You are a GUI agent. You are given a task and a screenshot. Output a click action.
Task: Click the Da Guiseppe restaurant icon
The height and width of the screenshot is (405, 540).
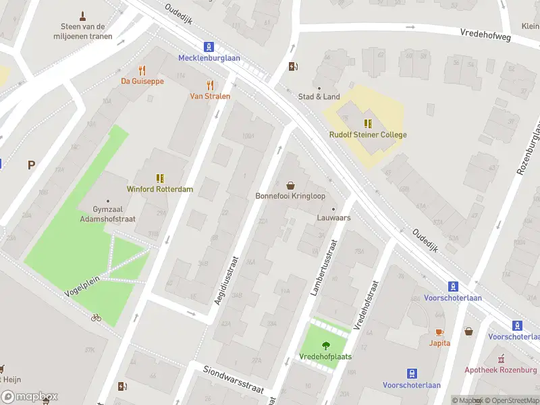tap(142, 70)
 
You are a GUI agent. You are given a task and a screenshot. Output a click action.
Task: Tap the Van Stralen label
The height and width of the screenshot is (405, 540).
tap(209, 96)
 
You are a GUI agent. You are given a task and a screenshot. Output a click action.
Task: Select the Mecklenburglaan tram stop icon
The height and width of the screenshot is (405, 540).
tap(209, 47)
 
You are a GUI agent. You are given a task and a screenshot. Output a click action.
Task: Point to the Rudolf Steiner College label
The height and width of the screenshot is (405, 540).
tap(368, 134)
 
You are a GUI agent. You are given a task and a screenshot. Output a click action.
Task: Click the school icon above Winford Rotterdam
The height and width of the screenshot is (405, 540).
tap(160, 178)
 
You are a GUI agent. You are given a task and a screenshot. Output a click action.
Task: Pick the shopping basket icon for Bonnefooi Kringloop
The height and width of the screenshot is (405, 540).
tap(290, 185)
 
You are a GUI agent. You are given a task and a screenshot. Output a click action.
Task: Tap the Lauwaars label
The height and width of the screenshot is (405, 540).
tap(333, 218)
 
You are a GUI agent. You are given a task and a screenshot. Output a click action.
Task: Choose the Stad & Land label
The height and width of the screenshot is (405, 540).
tap(319, 97)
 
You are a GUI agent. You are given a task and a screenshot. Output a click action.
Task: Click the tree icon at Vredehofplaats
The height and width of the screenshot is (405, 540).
tap(325, 345)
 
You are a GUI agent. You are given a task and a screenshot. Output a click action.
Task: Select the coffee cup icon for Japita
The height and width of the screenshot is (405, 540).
tap(439, 332)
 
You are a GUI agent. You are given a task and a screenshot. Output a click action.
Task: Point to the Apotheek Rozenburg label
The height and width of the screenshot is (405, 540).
tap(500, 370)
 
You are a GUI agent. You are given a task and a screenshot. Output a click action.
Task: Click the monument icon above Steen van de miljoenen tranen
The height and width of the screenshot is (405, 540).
tap(83, 16)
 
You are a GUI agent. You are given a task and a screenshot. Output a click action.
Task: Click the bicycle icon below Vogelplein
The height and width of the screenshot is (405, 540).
tap(96, 317)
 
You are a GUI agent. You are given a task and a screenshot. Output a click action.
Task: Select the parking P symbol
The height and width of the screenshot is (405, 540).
tap(31, 164)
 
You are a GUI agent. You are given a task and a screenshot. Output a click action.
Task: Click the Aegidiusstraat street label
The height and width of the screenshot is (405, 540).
tap(227, 279)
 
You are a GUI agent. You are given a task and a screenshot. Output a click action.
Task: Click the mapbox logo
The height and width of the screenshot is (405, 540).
tap(30, 397)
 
